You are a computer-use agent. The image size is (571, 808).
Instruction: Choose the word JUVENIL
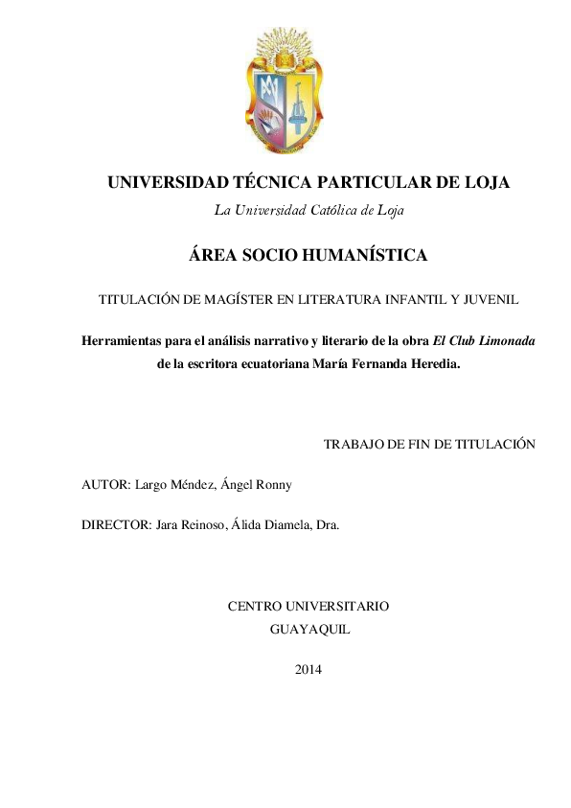[488, 300]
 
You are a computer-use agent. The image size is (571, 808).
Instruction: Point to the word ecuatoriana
[270, 364]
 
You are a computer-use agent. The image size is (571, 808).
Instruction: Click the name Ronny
[271, 484]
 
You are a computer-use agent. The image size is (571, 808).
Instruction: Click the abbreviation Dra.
[327, 525]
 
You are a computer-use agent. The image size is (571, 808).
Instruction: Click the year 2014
[308, 669]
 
